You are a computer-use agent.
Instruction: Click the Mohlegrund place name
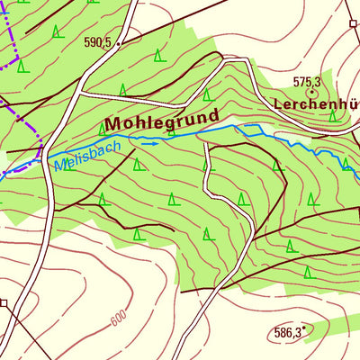click(162, 120)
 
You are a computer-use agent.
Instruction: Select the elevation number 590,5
click(96, 42)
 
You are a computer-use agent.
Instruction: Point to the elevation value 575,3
click(308, 82)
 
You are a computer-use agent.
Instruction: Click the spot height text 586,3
click(285, 332)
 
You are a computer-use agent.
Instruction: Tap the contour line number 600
click(117, 321)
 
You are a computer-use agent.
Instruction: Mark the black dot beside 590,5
click(118, 42)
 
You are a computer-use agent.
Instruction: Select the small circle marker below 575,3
click(312, 92)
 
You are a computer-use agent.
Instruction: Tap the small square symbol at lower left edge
click(4, 303)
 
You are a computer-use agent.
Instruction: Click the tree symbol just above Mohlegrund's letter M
click(121, 90)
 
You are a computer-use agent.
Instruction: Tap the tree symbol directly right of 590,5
click(158, 56)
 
